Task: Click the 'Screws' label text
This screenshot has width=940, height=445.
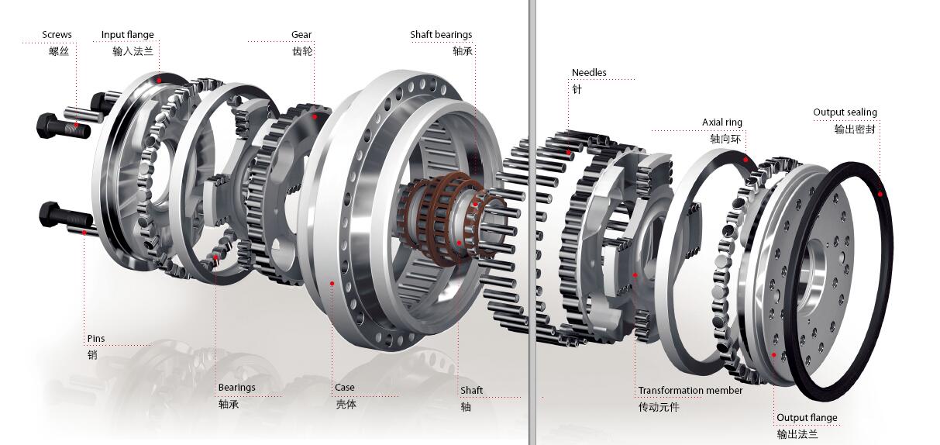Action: (x=57, y=35)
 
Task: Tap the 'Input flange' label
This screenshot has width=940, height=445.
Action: (x=128, y=35)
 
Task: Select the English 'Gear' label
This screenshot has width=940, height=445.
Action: (x=301, y=35)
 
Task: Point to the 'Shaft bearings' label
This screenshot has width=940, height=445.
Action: (x=441, y=35)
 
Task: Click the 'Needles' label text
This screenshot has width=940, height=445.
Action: (x=589, y=73)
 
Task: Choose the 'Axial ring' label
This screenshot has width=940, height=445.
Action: (x=722, y=122)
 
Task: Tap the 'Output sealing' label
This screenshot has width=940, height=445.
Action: (x=845, y=112)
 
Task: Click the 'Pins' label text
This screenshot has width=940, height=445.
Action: (x=96, y=338)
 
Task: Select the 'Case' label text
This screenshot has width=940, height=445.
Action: (x=345, y=388)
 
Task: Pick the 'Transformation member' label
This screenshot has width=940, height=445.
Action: (x=690, y=391)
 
